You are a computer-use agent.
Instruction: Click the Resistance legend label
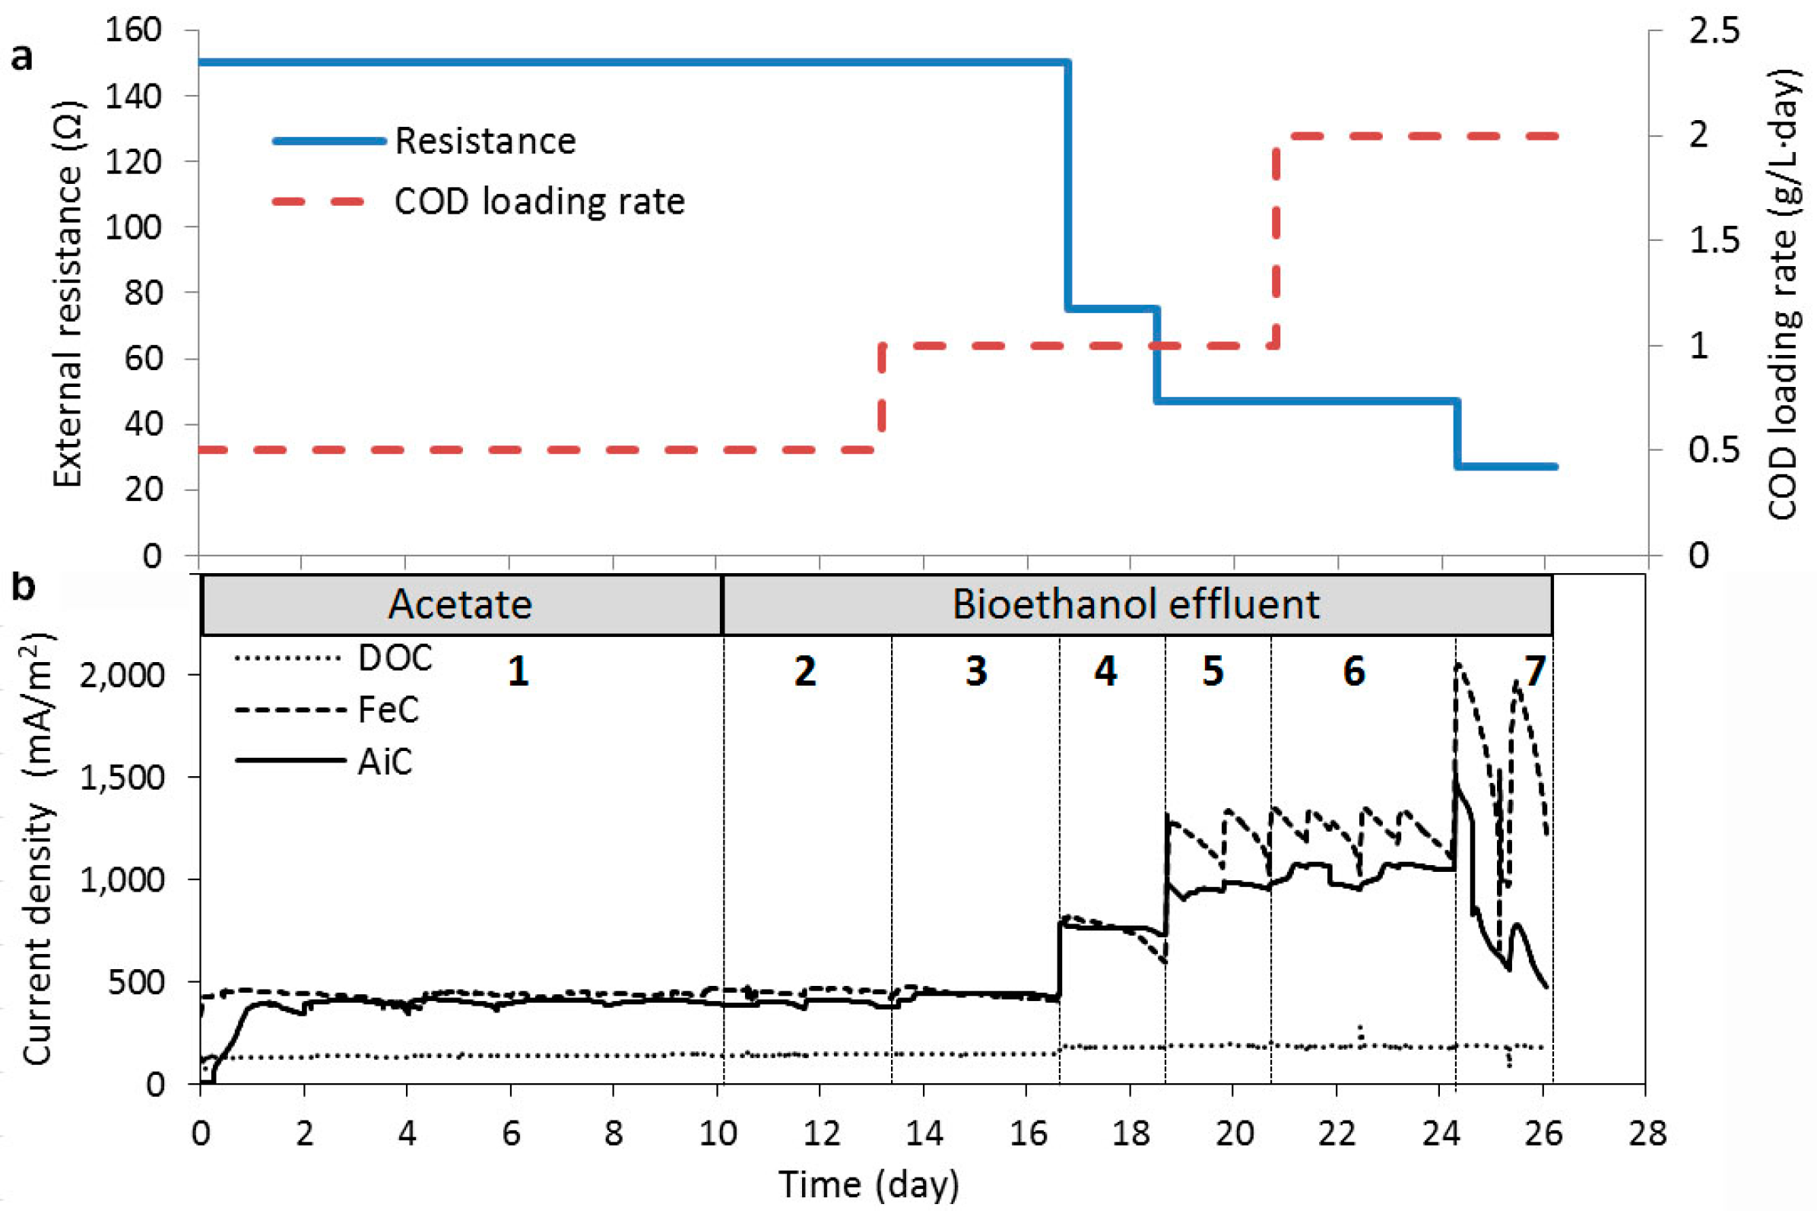(x=485, y=141)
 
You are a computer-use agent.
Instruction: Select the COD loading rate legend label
(x=540, y=201)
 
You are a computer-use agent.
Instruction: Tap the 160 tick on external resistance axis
(x=133, y=30)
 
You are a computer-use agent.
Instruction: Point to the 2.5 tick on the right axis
(x=1714, y=31)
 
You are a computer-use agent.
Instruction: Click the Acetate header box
(x=460, y=604)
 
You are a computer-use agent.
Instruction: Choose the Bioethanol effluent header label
(x=1136, y=604)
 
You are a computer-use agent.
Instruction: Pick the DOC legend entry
(x=395, y=658)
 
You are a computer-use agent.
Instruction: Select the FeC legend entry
(x=388, y=709)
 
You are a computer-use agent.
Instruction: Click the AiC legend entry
(x=385, y=762)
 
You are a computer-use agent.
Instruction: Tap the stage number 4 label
(x=1105, y=671)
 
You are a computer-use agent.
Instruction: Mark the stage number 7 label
(x=1534, y=671)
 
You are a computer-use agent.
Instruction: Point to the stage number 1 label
(x=518, y=671)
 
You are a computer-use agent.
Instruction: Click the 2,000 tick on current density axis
(x=122, y=675)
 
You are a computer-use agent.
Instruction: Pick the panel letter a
(x=22, y=59)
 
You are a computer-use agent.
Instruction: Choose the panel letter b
(x=24, y=588)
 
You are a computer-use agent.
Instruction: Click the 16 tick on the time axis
(x=1027, y=1134)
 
